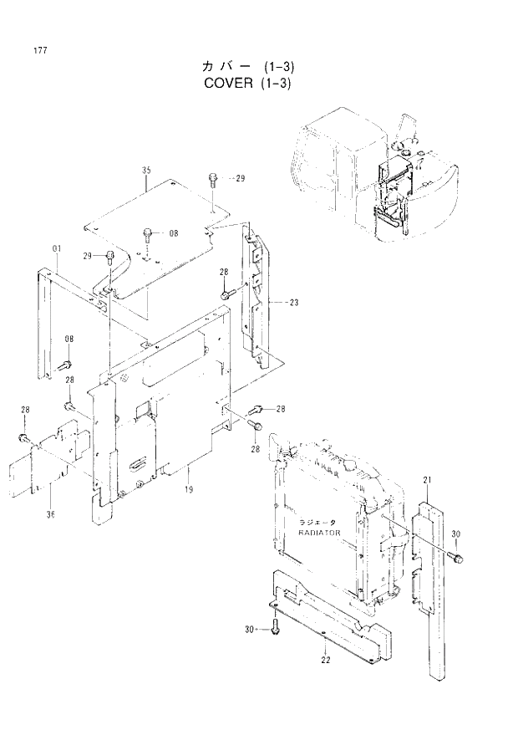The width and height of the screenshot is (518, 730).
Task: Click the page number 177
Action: point(40,51)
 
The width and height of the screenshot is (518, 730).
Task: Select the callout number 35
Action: point(146,171)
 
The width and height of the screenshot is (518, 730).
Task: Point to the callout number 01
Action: point(56,248)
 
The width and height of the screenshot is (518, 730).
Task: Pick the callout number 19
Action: point(189,489)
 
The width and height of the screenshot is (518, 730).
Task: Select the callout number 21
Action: point(427,479)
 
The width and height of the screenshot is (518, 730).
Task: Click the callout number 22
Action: point(325,660)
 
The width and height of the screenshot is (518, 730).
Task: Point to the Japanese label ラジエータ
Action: point(317,521)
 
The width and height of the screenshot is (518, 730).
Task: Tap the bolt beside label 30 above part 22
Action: point(275,628)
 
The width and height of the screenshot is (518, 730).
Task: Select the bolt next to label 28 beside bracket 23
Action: point(226,295)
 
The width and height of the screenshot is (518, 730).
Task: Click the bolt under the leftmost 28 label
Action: point(24,437)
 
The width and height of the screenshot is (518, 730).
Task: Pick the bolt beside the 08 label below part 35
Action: point(148,234)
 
